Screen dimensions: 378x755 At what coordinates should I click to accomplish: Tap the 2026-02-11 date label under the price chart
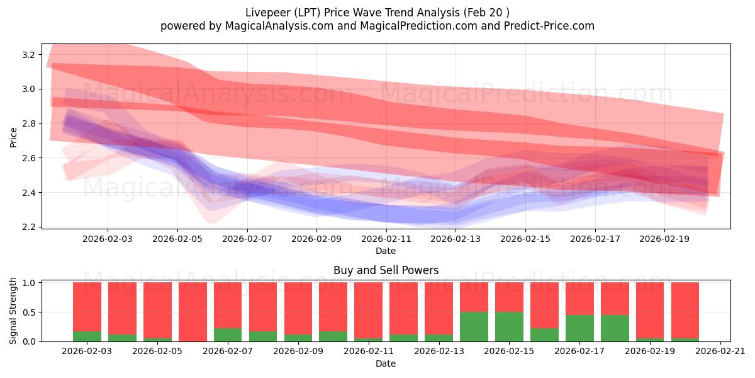[x=386, y=239]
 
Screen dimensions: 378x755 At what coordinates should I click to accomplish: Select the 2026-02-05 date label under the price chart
[x=177, y=239]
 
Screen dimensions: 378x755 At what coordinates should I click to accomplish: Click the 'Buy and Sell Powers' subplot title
[x=386, y=270]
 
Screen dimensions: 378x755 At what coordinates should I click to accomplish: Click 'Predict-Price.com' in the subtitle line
[x=550, y=26]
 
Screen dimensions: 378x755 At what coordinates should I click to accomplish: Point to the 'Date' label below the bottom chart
[x=386, y=364]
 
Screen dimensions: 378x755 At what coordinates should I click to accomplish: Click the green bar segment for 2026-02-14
[x=474, y=326]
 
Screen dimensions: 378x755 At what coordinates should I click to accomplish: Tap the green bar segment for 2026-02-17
[x=579, y=328]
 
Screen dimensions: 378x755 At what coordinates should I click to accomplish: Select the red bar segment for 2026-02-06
[x=193, y=311]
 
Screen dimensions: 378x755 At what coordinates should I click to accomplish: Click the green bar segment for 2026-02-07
[x=228, y=335]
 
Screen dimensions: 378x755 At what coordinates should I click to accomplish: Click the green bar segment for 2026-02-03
[x=87, y=336]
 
